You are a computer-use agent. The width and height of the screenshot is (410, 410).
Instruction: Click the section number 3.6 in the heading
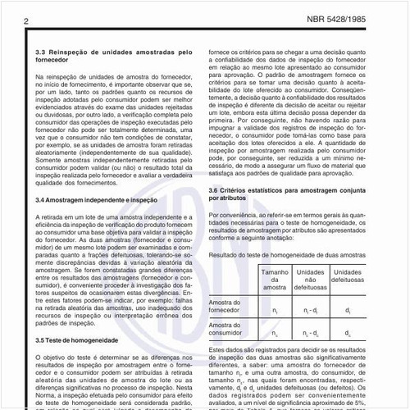coord(216,190)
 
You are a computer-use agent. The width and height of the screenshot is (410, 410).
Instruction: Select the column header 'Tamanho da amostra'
coord(274,278)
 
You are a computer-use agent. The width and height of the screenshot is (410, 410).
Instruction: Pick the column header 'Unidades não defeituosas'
coord(311,278)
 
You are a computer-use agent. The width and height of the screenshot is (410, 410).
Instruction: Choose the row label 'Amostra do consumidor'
coord(230,334)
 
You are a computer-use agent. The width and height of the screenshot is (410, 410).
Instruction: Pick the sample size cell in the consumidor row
coord(274,335)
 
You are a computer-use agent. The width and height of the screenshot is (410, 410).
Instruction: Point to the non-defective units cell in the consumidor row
coord(311,335)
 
